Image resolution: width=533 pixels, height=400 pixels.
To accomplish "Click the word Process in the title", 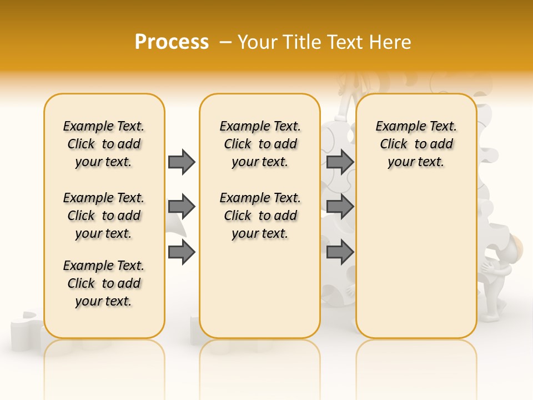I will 172,42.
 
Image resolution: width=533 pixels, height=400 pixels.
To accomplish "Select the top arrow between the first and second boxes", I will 182,162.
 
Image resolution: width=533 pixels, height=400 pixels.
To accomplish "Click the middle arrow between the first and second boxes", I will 182,207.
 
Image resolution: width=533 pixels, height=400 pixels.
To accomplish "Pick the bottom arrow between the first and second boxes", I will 182,253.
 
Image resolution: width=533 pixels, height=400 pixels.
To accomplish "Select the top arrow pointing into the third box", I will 340,162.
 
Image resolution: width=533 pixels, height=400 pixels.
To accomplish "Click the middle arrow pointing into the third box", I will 340,207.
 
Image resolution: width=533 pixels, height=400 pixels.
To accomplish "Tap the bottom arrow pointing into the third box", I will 340,253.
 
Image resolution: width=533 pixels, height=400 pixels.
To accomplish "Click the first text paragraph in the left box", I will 104,144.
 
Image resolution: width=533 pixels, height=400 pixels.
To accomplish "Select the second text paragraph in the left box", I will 104,216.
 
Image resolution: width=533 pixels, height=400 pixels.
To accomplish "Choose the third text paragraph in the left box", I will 104,283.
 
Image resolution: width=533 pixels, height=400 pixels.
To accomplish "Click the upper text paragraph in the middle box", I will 260,144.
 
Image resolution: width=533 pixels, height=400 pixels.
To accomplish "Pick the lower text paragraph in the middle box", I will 260,216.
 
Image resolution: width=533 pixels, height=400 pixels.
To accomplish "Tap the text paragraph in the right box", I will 416,144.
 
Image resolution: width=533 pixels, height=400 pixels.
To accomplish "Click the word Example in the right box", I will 394,127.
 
